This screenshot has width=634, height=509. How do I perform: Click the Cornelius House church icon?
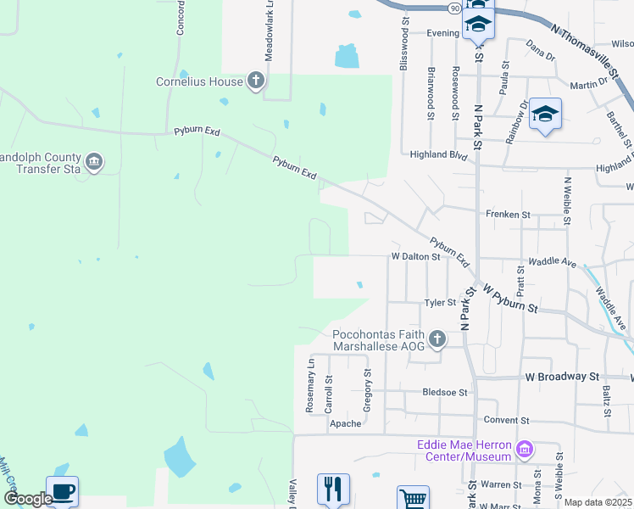click(256, 81)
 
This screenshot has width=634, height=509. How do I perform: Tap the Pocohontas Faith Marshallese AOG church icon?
click(437, 339)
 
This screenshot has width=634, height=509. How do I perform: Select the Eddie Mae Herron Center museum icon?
click(525, 448)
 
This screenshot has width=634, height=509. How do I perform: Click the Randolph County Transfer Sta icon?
click(94, 160)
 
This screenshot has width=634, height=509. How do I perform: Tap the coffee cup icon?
click(64, 491)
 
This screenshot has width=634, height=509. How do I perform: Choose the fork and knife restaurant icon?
click(333, 489)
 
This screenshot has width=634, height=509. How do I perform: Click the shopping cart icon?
click(413, 499)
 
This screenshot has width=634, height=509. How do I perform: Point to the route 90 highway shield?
click(455, 8)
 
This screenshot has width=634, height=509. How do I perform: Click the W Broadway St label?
click(562, 376)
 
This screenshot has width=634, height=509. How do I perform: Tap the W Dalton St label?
click(415, 255)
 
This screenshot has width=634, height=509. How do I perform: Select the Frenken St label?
click(506, 215)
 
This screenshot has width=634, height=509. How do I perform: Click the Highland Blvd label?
click(439, 155)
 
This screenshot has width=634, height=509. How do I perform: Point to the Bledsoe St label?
click(445, 393)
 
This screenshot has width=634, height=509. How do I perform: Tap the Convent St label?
click(506, 420)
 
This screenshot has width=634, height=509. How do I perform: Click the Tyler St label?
click(440, 302)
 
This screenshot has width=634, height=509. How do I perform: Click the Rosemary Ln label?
click(310, 385)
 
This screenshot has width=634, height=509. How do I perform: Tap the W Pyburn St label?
click(511, 299)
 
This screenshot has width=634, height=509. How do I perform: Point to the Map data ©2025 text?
click(598, 502)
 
